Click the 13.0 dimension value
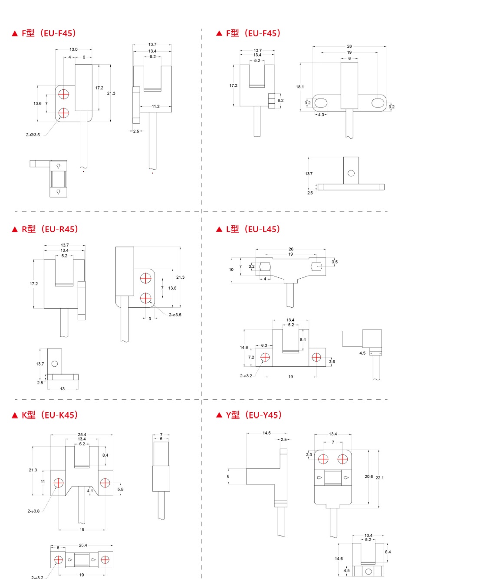pyautogui.click(x=74, y=49)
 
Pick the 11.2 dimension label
pyautogui.click(x=155, y=106)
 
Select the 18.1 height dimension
pyautogui.click(x=300, y=87)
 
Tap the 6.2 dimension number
pyautogui.click(x=280, y=100)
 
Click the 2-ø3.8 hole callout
pyautogui.click(x=33, y=511)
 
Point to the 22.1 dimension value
pyautogui.click(x=379, y=477)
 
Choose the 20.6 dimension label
pyautogui.click(x=368, y=477)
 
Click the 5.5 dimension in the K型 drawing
pyautogui.click(x=120, y=489)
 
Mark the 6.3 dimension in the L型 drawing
pyautogui.click(x=264, y=345)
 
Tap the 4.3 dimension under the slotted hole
pyautogui.click(x=321, y=115)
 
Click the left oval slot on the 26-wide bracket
pyautogui.click(x=321, y=103)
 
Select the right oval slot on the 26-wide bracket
pyautogui.click(x=378, y=103)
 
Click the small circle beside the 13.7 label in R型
pyautogui.click(x=55, y=364)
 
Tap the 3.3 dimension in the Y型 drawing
pyautogui.click(x=309, y=454)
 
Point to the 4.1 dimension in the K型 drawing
pyautogui.click(x=90, y=491)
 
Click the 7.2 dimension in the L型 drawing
pyautogui.click(x=251, y=357)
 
